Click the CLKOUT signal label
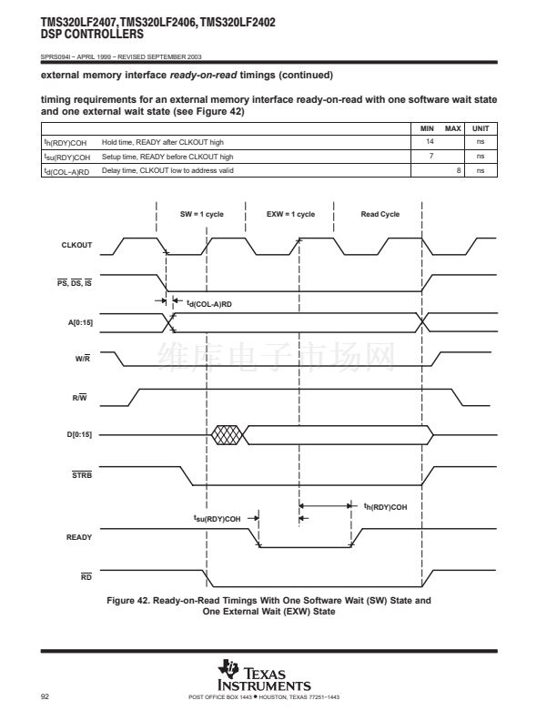pos(76,245)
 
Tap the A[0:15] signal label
pos(80,322)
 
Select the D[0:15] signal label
pos(80,434)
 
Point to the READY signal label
pos(79,537)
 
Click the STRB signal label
pos(81,474)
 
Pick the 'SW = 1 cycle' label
pos(201,214)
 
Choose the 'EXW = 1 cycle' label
pos(290,214)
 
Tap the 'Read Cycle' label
pos(380,214)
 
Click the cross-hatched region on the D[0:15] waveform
pos(228,434)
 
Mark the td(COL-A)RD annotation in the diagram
pos(209,303)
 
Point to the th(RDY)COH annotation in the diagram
pos(386,506)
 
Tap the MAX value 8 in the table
pos(458,170)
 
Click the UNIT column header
pos(481,129)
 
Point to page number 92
pos(45,696)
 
